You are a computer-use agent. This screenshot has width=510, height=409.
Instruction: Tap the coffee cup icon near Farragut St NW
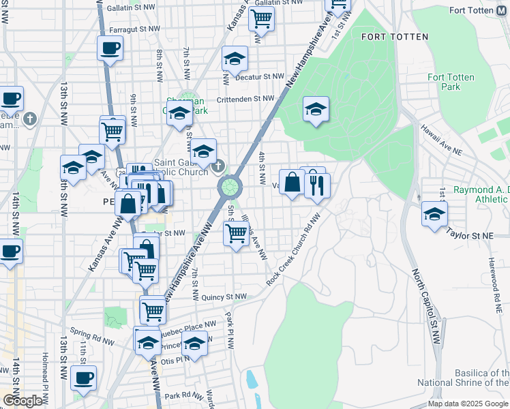(x=110, y=48)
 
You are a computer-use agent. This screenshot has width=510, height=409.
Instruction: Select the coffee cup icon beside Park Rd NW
(x=83, y=378)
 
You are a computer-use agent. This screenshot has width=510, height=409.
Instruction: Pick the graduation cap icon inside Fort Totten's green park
(x=316, y=109)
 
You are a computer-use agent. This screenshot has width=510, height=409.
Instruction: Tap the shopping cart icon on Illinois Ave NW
(x=236, y=233)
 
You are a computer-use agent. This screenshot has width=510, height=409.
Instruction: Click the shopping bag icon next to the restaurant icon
(x=292, y=182)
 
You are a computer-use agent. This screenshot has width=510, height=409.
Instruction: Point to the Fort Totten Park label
(x=451, y=82)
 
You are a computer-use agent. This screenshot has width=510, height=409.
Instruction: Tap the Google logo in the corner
(x=22, y=401)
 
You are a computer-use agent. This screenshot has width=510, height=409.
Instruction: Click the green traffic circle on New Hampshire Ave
(x=230, y=185)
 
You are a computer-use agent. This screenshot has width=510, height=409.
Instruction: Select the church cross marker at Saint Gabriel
(x=217, y=166)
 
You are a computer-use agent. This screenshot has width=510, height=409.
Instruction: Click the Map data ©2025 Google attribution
(x=467, y=404)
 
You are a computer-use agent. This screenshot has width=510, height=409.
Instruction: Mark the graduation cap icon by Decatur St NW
(x=234, y=59)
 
